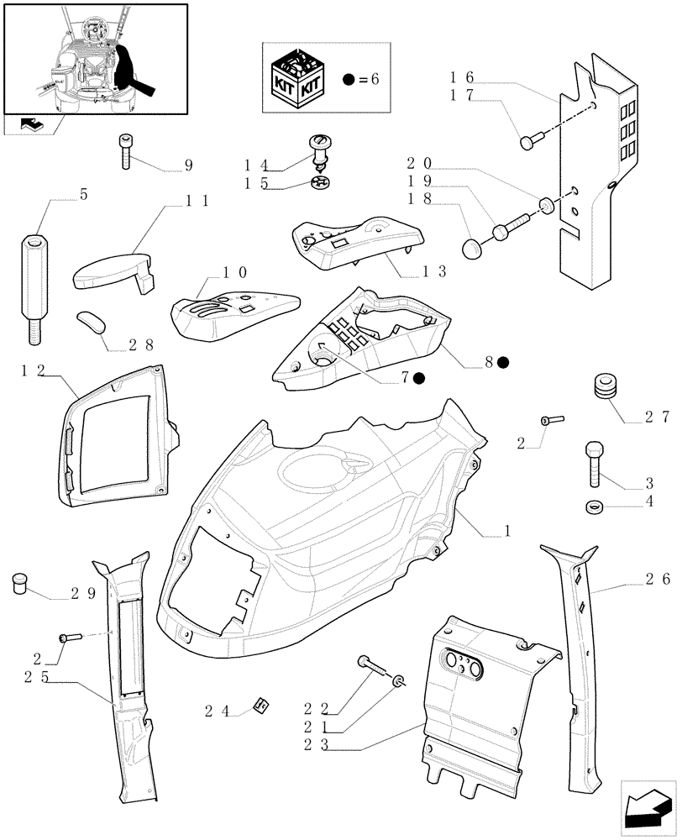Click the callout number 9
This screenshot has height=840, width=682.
point(187,165)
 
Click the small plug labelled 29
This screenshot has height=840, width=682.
point(20,585)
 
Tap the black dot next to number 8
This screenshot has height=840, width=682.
point(502,362)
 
